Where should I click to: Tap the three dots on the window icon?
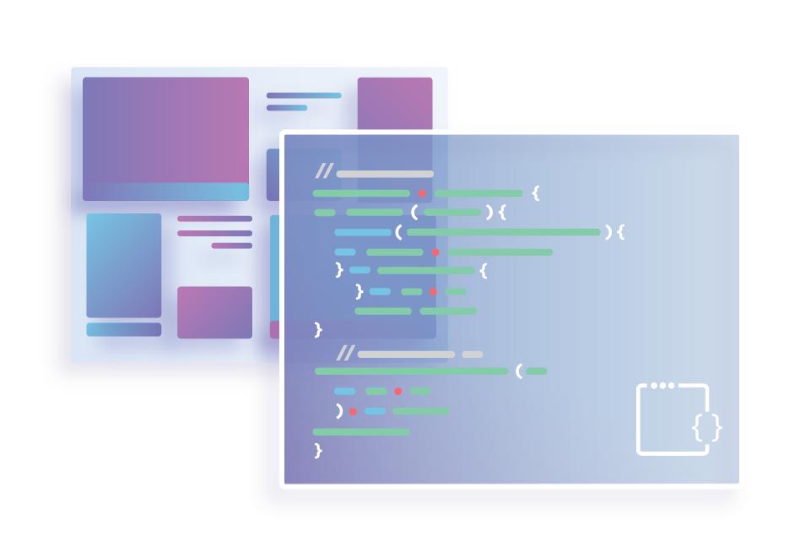(662, 386)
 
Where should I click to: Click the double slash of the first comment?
(323, 173)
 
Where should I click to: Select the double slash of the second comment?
(345, 354)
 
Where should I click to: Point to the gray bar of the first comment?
(385, 174)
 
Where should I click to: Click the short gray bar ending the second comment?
(473, 354)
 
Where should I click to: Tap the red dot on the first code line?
(422, 193)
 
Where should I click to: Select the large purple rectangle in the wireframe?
(165, 131)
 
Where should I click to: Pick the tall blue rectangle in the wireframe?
(123, 265)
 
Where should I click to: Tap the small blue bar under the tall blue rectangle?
(123, 329)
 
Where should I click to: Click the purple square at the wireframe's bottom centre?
(214, 312)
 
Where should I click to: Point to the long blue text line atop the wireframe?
(304, 95)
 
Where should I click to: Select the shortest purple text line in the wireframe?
(231, 246)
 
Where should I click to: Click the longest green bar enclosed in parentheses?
(503, 231)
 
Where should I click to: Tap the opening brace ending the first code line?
(536, 193)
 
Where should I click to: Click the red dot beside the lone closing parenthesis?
(353, 412)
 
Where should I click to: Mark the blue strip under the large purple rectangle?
(165, 192)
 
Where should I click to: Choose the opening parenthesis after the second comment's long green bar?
(519, 371)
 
